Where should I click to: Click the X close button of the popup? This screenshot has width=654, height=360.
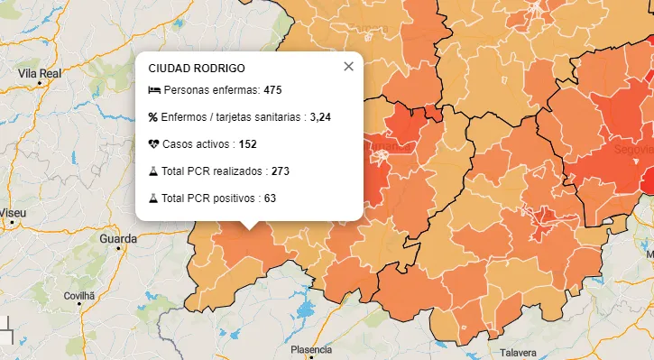coord(348,67)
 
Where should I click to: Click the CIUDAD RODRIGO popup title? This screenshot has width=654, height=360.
coord(197,68)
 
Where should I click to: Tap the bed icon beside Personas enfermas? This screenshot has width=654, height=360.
coord(154,90)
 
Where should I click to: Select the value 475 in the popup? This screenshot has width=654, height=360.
coord(273,90)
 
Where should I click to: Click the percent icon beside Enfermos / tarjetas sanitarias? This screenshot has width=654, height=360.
coord(153,117)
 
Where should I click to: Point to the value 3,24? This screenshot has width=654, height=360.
coord(320,117)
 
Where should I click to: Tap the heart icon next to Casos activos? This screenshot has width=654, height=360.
coord(154,144)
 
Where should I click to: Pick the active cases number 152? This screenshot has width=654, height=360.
coord(248,144)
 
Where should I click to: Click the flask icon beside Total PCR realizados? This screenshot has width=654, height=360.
coord(154,171)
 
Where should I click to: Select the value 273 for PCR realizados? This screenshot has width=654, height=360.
coord(280,171)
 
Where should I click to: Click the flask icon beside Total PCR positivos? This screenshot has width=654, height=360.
coord(154,198)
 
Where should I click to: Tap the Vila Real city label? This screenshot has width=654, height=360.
coord(40,73)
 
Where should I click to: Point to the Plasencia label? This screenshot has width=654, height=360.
coord(311,349)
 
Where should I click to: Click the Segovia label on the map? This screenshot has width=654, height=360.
coord(633,147)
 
